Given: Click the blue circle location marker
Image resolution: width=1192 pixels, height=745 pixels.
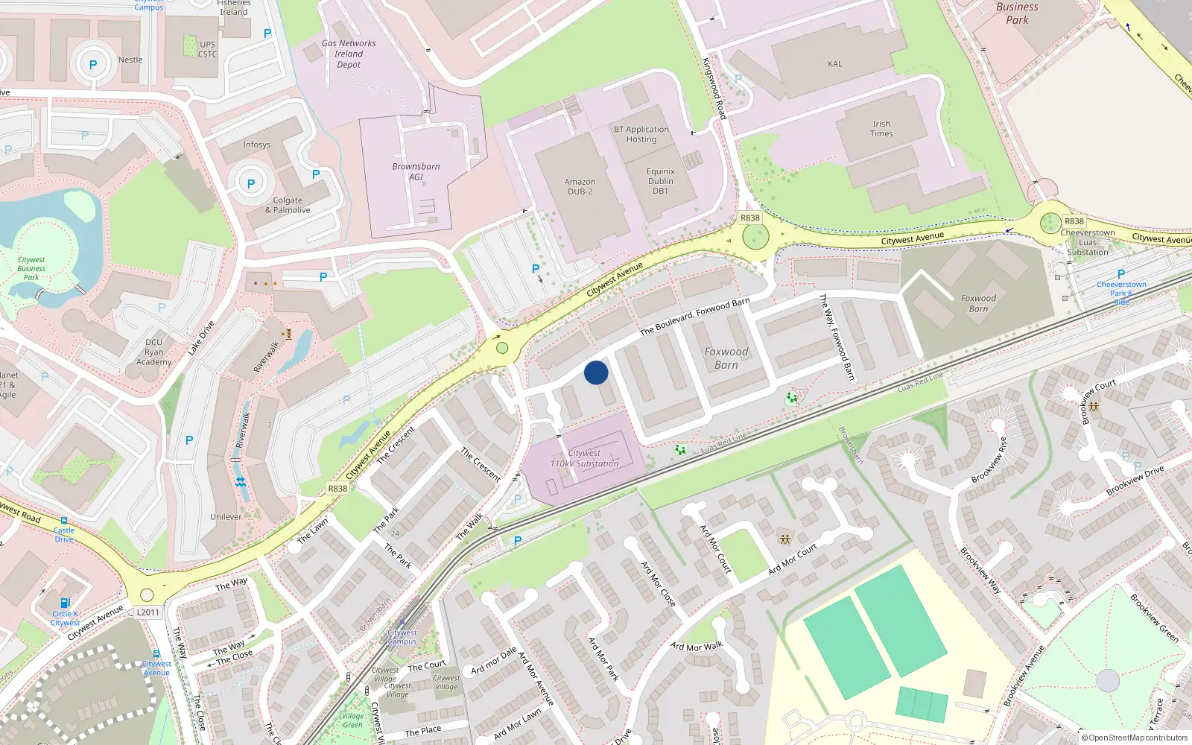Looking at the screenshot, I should click(x=596, y=372).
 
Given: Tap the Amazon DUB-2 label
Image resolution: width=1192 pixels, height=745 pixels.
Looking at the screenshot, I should click(x=580, y=186).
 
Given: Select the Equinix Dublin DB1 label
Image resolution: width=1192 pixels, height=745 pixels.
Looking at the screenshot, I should click(x=661, y=181).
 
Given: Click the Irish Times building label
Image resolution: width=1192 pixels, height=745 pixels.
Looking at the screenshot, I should click(x=881, y=129).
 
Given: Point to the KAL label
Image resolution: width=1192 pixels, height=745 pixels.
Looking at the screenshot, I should click(x=835, y=64).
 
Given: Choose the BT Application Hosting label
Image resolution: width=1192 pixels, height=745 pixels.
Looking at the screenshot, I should click(x=641, y=134).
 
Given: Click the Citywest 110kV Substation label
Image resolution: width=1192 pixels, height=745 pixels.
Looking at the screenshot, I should click(x=584, y=458).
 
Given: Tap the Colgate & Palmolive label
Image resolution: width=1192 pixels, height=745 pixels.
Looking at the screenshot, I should click(x=288, y=205).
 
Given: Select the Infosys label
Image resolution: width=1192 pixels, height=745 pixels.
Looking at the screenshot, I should click(x=256, y=145).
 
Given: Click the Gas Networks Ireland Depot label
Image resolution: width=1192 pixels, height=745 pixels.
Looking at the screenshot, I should click(x=349, y=54).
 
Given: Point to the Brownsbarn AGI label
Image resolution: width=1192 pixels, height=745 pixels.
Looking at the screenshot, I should click(x=416, y=171).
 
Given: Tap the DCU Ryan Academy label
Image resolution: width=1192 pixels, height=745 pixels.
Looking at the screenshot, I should click(x=154, y=352).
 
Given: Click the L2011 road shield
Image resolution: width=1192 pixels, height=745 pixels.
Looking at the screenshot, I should click(x=148, y=612).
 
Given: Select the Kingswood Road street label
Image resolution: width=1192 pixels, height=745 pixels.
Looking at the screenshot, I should click(x=714, y=89).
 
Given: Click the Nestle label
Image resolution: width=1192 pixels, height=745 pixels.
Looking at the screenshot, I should click(x=130, y=60).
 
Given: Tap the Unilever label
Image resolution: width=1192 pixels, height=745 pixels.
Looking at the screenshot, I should click(x=226, y=516).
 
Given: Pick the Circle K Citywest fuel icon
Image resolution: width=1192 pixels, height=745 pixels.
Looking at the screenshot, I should click(x=65, y=603).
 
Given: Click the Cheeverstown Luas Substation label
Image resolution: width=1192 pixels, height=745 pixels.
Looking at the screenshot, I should click(x=1088, y=242).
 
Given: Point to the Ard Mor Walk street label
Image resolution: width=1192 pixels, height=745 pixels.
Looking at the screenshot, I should click(x=696, y=647).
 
